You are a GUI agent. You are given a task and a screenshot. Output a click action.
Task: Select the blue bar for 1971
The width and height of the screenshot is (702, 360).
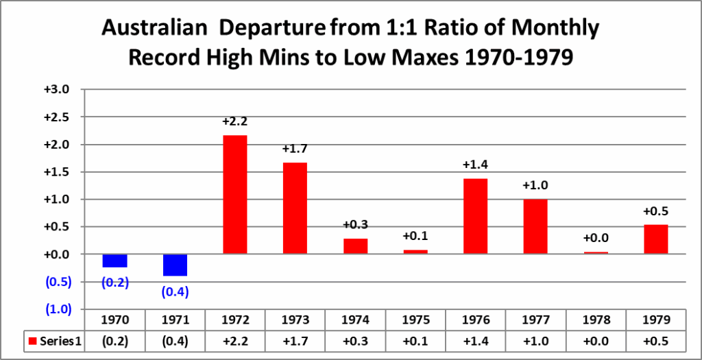(x=175, y=265)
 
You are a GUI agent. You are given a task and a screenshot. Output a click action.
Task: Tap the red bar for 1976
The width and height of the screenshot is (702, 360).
(x=476, y=216)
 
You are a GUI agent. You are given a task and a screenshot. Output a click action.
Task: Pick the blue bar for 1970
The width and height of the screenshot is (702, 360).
(x=114, y=261)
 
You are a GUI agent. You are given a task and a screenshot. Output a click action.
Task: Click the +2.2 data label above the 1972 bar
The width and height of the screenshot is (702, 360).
(x=235, y=121)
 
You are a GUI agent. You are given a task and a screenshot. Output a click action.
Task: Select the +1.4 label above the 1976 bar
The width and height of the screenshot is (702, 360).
(x=476, y=165)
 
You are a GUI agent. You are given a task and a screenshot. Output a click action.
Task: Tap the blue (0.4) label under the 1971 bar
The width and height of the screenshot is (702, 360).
(x=175, y=291)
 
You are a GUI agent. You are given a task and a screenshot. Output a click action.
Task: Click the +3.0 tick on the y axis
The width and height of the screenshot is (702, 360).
(x=58, y=90)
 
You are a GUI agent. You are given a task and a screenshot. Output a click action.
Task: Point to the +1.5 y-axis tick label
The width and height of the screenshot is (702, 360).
(x=58, y=172)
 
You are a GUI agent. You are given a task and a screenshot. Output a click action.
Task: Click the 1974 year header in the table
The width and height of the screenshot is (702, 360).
(x=355, y=320)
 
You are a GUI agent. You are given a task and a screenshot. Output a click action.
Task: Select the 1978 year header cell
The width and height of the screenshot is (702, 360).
(x=596, y=320)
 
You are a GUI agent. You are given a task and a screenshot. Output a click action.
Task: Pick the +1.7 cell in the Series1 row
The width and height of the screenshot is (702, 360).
(x=295, y=341)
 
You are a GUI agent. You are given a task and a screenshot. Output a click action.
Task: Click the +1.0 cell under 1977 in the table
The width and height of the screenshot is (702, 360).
(x=535, y=341)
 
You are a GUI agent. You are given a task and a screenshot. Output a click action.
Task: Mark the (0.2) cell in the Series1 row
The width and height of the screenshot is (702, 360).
(x=114, y=341)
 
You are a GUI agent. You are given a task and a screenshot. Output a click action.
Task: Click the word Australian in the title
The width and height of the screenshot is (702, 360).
(x=155, y=29)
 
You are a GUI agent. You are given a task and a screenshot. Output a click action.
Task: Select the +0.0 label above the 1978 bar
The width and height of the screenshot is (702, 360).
(x=596, y=238)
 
